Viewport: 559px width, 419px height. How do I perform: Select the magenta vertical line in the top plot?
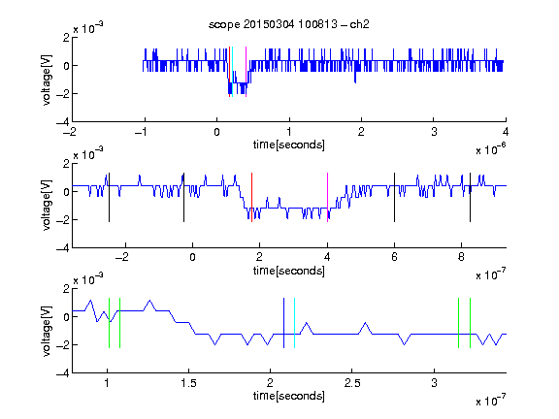(x=246, y=72)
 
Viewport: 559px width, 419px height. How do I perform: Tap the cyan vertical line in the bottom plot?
(x=294, y=323)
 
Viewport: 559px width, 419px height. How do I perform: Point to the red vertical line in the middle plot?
(x=251, y=198)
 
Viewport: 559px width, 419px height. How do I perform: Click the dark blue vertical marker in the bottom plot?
(x=283, y=323)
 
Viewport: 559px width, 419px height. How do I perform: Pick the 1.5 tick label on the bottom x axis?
(x=188, y=383)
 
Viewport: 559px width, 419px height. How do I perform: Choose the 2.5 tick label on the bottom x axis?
(x=352, y=383)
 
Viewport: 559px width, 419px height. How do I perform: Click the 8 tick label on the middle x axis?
(x=461, y=257)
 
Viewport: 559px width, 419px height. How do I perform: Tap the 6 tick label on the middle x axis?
(x=394, y=257)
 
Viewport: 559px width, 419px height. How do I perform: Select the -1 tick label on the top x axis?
(x=141, y=132)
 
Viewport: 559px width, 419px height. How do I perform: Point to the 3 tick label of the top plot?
(x=434, y=132)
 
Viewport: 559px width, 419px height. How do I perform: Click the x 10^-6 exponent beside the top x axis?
(x=491, y=149)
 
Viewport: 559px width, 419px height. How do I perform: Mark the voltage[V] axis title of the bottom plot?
(x=47, y=331)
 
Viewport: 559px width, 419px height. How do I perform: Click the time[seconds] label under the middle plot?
(x=289, y=271)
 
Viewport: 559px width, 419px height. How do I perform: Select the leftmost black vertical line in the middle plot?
(x=109, y=198)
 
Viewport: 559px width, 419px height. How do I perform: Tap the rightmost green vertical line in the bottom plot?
(x=471, y=323)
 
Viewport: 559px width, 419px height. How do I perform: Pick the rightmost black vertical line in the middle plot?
(x=470, y=198)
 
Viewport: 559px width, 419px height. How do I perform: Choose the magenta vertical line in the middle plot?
(x=328, y=198)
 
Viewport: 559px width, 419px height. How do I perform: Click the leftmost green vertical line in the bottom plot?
(x=109, y=323)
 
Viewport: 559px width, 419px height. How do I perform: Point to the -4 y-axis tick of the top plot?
(x=63, y=122)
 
